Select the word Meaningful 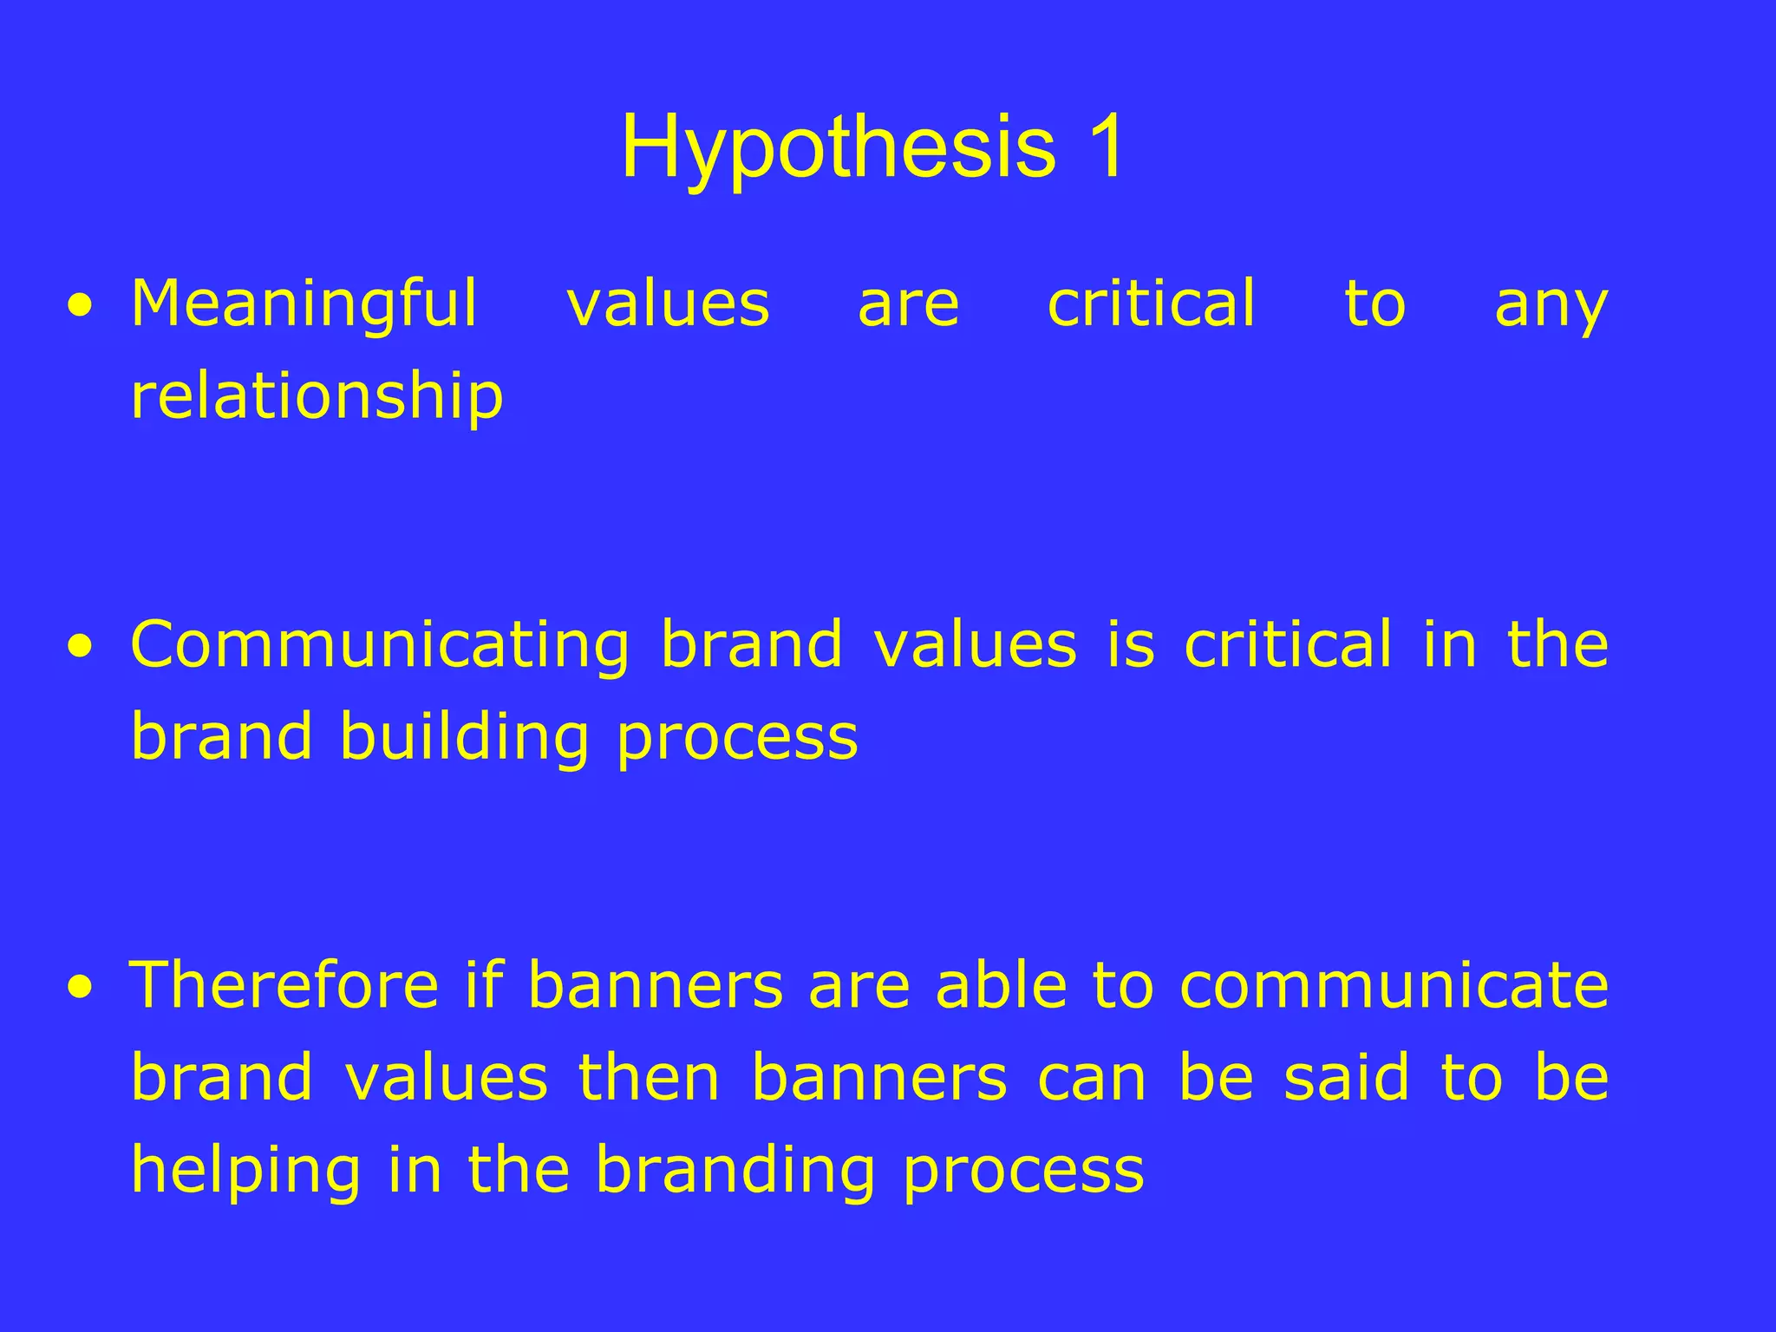(304, 304)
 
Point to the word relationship (317, 396)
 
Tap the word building (464, 738)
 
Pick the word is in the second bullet (1131, 646)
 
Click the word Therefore (284, 986)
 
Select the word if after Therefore (485, 986)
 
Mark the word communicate (1394, 988)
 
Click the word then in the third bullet (649, 1078)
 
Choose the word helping (245, 1172)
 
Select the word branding (735, 1172)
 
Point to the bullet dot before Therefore (81, 988)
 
